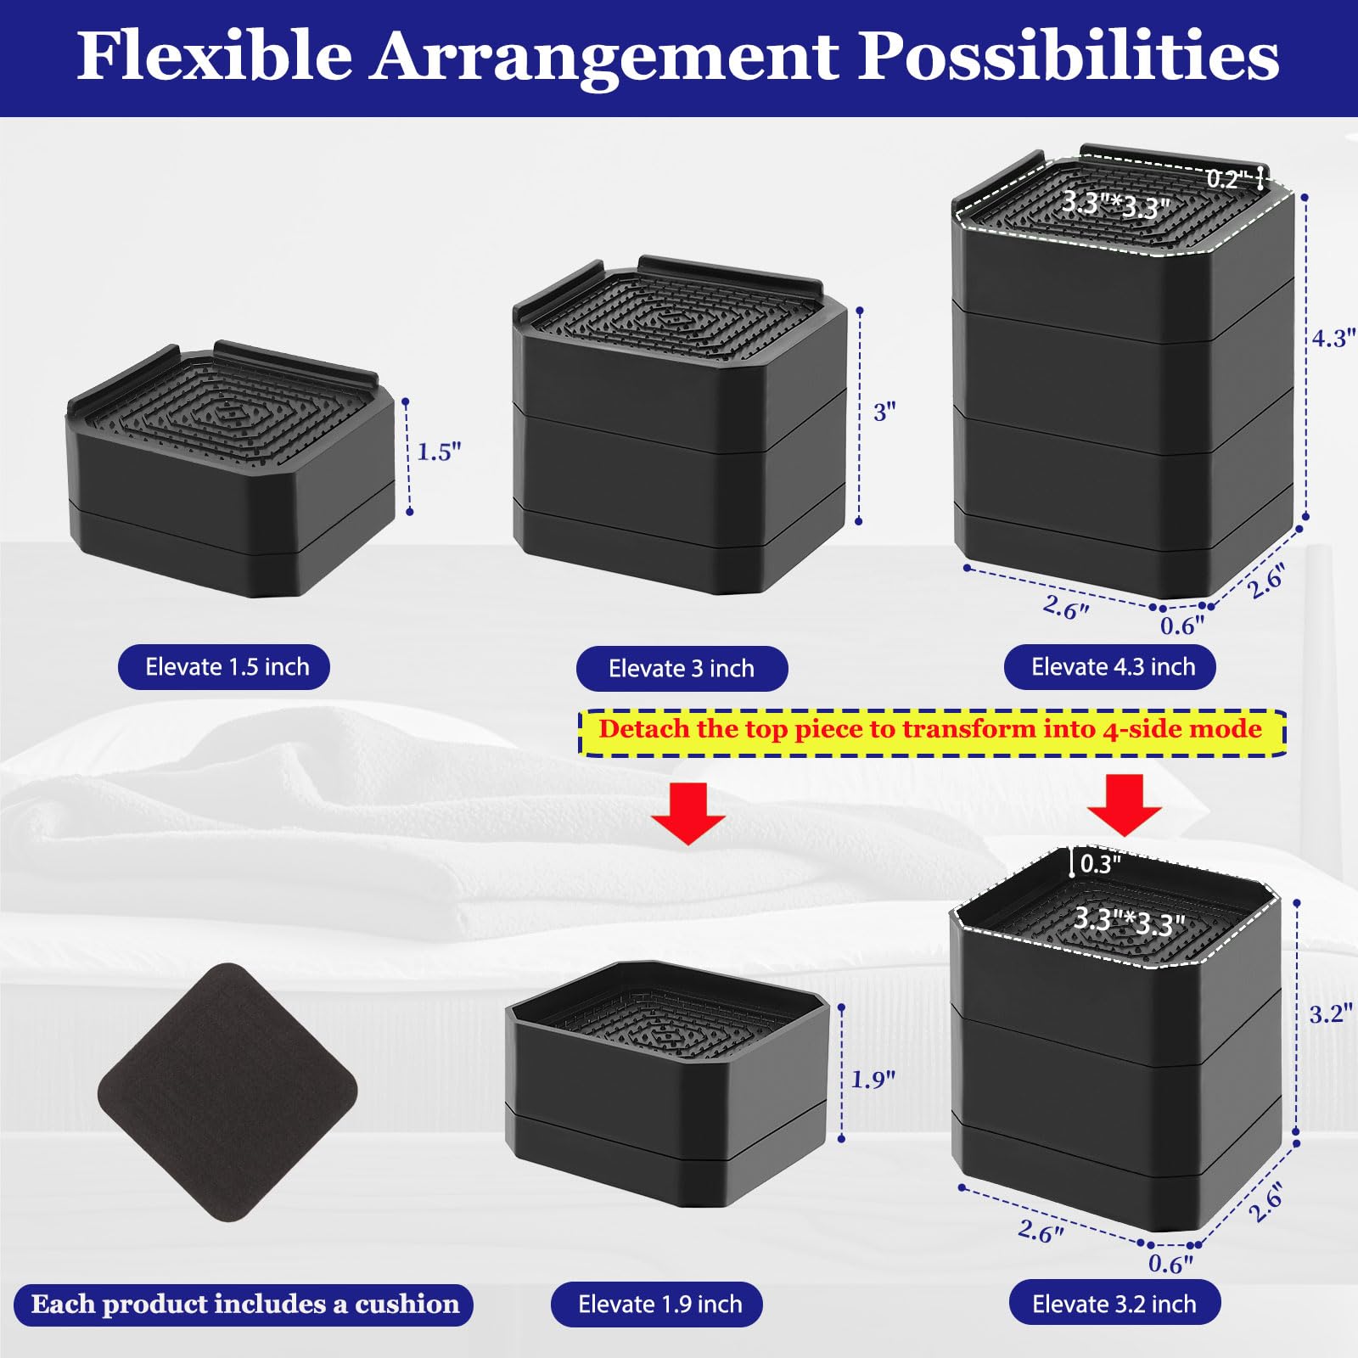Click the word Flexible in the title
pos(214,56)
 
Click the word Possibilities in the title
pos(1068,56)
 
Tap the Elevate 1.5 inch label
pos(224,667)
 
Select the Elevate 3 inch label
pos(682,669)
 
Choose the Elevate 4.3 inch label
pos(1112,667)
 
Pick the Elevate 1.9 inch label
pos(659,1304)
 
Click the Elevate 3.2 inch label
pos(1114,1304)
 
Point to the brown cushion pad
pos(227,1092)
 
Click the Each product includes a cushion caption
pos(244,1304)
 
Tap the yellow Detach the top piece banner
pos(930,730)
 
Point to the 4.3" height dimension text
pos(1333,339)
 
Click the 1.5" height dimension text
pos(439,452)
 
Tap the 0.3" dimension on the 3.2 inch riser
pos(1100,864)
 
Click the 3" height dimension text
pos(884,412)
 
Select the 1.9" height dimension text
pos(873,1080)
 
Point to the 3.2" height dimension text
pos(1330,1013)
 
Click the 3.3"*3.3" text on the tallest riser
pos(1115,204)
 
